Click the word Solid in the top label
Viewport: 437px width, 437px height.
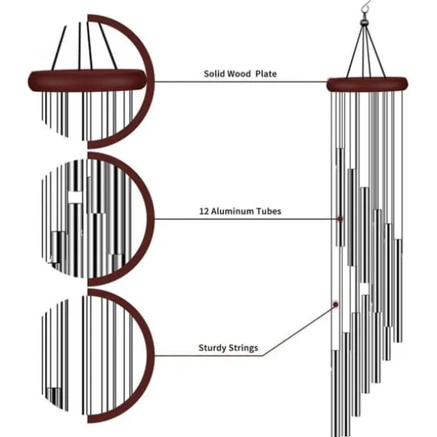(x=214, y=74)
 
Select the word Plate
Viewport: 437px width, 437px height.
(x=266, y=74)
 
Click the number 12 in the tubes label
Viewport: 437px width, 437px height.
(x=203, y=211)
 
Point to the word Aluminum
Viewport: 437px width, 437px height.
(x=232, y=211)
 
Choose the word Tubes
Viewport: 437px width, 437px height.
(x=269, y=211)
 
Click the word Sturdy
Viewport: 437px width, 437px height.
(x=212, y=348)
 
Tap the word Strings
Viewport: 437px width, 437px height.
(x=243, y=348)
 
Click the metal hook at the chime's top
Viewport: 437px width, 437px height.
(x=365, y=8)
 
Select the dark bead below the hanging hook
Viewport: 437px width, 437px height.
(x=365, y=22)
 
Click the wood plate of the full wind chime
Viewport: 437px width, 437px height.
(x=367, y=84)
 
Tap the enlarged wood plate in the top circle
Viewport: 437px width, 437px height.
(x=87, y=80)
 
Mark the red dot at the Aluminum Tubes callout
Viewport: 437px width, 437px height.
(x=340, y=218)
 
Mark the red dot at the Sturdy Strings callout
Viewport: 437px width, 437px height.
(x=335, y=304)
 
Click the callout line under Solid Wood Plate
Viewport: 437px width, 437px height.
(x=241, y=82)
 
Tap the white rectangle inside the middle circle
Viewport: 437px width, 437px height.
(x=75, y=197)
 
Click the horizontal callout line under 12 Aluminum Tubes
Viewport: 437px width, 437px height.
(x=246, y=218)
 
